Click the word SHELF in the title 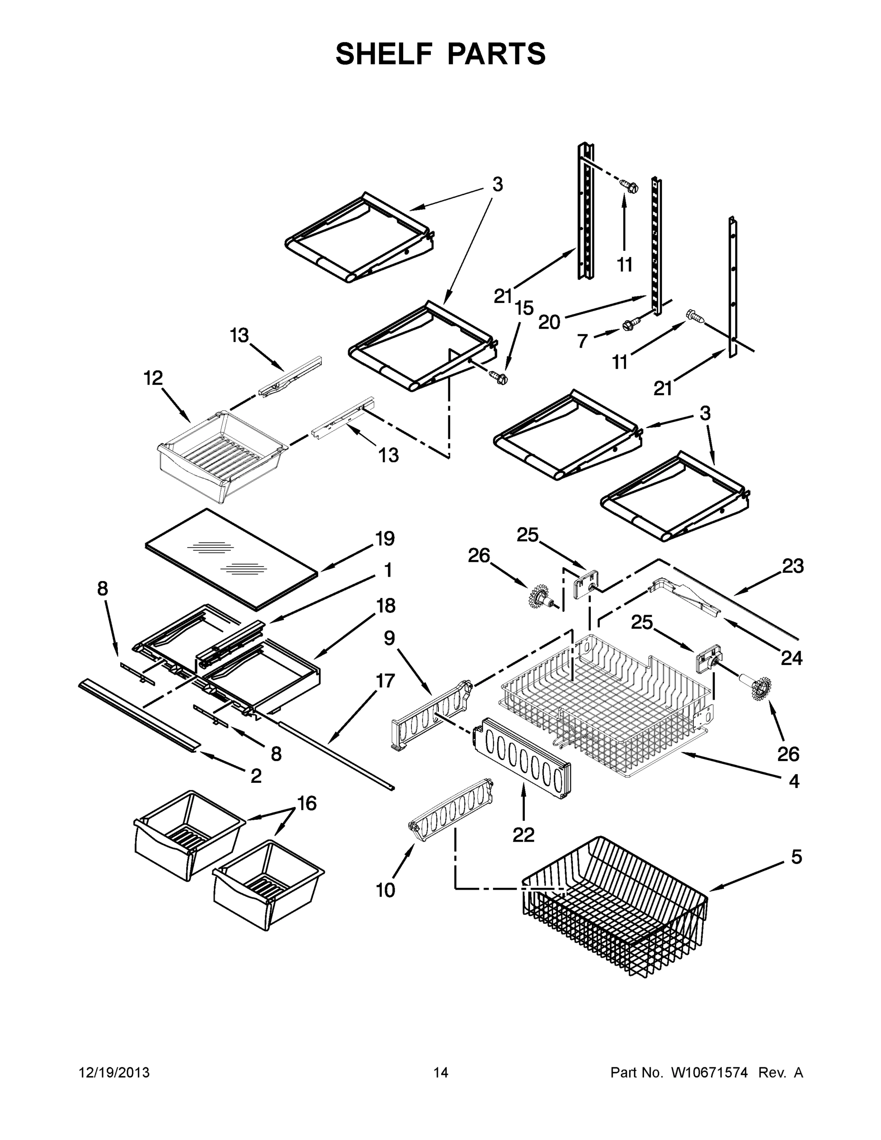(383, 54)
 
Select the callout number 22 (523, 835)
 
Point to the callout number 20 (549, 322)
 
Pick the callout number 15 (524, 308)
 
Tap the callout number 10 (386, 890)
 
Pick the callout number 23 (792, 566)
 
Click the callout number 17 (385, 681)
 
